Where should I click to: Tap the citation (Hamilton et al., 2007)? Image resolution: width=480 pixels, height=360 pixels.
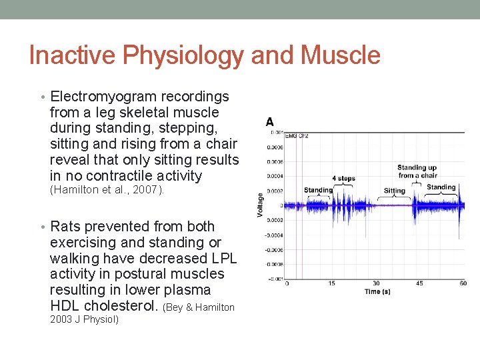click(x=107, y=189)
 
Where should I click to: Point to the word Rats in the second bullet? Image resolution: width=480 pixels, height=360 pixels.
click(x=66, y=227)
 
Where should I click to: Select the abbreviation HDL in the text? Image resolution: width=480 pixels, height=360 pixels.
click(x=68, y=306)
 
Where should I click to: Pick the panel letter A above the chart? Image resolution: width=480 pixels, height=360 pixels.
click(x=269, y=122)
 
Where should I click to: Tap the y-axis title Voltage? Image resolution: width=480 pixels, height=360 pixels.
click(x=260, y=205)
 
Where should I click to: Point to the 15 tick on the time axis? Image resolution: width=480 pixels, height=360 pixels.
click(x=331, y=283)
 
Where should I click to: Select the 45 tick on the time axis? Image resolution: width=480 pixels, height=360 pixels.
click(x=419, y=283)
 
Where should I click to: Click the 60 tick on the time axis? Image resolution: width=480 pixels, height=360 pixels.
click(x=462, y=283)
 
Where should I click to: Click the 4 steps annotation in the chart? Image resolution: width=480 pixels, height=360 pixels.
click(x=344, y=179)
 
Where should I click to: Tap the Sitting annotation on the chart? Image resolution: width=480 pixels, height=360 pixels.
click(x=394, y=191)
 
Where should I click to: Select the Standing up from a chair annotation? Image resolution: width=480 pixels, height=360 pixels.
click(x=417, y=171)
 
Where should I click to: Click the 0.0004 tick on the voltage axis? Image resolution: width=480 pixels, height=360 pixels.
click(x=275, y=176)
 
